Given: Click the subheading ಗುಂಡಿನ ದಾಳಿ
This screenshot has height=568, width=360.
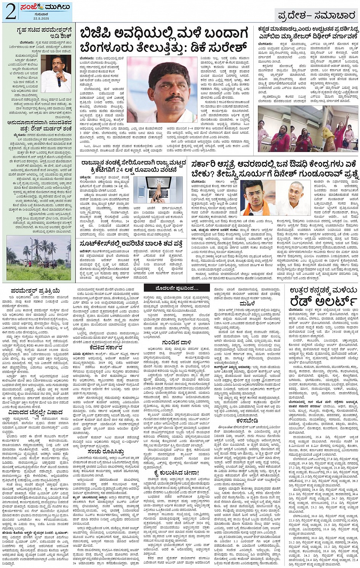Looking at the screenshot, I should (x=174, y=342).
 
